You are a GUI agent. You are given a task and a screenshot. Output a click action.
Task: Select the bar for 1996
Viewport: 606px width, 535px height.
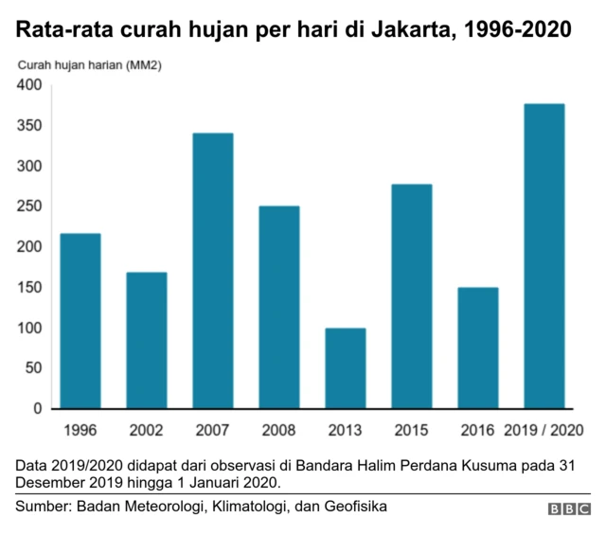pyautogui.click(x=80, y=321)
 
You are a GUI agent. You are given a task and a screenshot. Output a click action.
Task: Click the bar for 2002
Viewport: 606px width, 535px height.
pyautogui.click(x=147, y=341)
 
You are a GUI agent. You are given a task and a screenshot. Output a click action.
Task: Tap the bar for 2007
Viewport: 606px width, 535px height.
pyautogui.click(x=213, y=271)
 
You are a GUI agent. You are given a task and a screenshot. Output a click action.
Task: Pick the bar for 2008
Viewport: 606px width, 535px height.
pyautogui.click(x=279, y=308)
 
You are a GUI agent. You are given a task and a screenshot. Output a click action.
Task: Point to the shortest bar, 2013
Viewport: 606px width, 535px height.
pyautogui.click(x=346, y=368)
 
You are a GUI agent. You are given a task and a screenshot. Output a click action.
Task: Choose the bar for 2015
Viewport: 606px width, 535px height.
pyautogui.click(x=412, y=296)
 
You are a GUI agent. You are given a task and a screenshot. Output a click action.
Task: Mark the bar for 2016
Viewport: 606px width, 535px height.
pyautogui.click(x=478, y=348)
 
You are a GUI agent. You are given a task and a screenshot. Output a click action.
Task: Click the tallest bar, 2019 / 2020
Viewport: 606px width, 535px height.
pyautogui.click(x=544, y=257)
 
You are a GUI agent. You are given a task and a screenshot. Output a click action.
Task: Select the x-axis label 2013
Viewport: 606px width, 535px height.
pyautogui.click(x=346, y=430)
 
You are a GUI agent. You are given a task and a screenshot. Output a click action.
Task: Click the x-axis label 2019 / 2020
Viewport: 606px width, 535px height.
pyautogui.click(x=544, y=430)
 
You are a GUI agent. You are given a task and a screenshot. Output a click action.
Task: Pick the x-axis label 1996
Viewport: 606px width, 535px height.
pyautogui.click(x=80, y=430)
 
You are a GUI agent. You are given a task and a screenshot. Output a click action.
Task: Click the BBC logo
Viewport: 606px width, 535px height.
pyautogui.click(x=568, y=508)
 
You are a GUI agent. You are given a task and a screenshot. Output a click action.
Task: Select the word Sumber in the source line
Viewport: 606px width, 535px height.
pyautogui.click(x=42, y=508)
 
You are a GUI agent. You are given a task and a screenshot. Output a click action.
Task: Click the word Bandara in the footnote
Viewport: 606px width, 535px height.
pyautogui.click(x=322, y=466)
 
